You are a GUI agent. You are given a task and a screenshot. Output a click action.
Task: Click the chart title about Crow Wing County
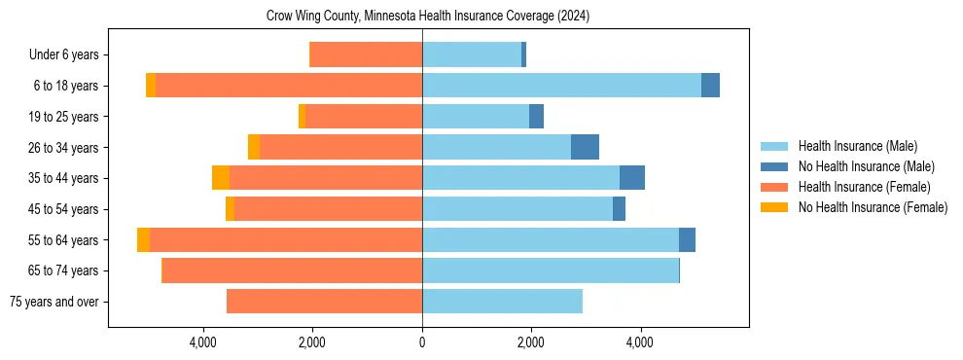click(x=428, y=17)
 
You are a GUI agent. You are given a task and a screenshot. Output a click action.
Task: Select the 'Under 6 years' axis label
click(x=69, y=55)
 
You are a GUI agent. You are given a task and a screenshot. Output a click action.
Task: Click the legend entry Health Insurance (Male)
click(x=857, y=146)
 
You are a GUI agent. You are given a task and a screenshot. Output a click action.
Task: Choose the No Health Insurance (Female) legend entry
click(x=873, y=207)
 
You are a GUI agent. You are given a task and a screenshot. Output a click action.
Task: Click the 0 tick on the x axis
click(x=422, y=342)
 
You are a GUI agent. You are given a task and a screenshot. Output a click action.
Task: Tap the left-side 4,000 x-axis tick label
click(x=203, y=342)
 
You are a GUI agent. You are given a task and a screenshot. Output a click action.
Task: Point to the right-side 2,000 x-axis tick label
click(x=531, y=342)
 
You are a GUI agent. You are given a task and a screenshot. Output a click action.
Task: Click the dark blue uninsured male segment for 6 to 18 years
click(x=710, y=86)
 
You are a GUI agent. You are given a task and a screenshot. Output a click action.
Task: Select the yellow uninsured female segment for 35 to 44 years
click(x=221, y=178)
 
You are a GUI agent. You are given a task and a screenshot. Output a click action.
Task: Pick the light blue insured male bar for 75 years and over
click(x=502, y=302)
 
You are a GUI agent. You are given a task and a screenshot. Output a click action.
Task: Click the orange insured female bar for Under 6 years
click(x=366, y=55)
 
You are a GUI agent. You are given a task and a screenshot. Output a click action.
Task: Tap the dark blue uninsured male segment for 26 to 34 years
click(x=585, y=148)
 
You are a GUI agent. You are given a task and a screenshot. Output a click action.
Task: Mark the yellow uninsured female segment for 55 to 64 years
click(x=144, y=239)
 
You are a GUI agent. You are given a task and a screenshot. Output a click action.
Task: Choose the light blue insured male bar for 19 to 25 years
click(x=476, y=117)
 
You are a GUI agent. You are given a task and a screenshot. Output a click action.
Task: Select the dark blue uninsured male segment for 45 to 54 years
click(x=619, y=209)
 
